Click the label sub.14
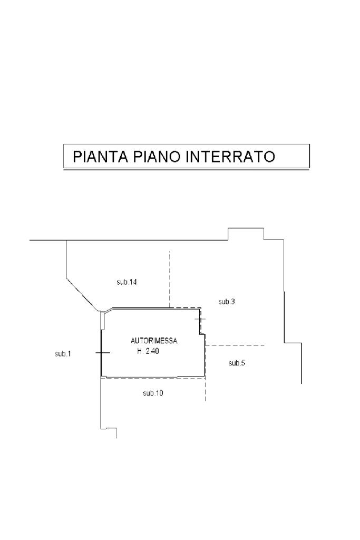click(127, 282)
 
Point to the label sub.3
click(227, 302)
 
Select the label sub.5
click(237, 363)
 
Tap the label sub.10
click(153, 393)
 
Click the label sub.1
click(63, 353)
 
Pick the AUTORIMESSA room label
click(154, 341)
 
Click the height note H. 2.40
click(148, 351)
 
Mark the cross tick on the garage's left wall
click(101, 352)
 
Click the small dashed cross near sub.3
click(200, 320)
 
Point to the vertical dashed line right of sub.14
click(169, 279)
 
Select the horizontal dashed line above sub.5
click(235, 345)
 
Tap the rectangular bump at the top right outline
click(246, 234)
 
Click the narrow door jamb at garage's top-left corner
click(103, 319)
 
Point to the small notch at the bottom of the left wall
click(109, 429)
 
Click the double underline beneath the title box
click(186, 169)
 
